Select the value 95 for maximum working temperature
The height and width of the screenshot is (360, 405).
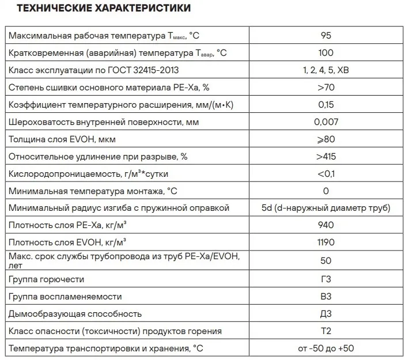[x=325, y=36]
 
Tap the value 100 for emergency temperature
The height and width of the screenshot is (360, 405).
[x=325, y=53]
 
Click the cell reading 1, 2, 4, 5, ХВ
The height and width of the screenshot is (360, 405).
[x=325, y=70]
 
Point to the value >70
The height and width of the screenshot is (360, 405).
[x=325, y=88]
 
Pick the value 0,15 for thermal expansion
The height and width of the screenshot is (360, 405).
[x=325, y=105]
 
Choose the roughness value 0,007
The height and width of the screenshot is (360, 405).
[x=325, y=122]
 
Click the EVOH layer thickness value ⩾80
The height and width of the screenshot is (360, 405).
[x=325, y=139]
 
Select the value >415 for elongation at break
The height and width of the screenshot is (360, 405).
[x=325, y=156]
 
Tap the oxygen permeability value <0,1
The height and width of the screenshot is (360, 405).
[x=325, y=173]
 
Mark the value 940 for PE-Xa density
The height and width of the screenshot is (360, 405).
[x=325, y=225]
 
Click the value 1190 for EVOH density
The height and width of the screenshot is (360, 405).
[x=325, y=242]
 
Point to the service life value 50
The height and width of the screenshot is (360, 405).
[x=325, y=260]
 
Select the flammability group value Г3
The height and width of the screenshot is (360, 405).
[x=325, y=279]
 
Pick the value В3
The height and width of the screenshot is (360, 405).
[x=325, y=297]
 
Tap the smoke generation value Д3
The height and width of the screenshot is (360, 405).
[x=325, y=314]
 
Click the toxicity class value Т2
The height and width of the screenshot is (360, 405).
[x=325, y=331]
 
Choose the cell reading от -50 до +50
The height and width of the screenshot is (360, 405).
[x=325, y=348]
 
